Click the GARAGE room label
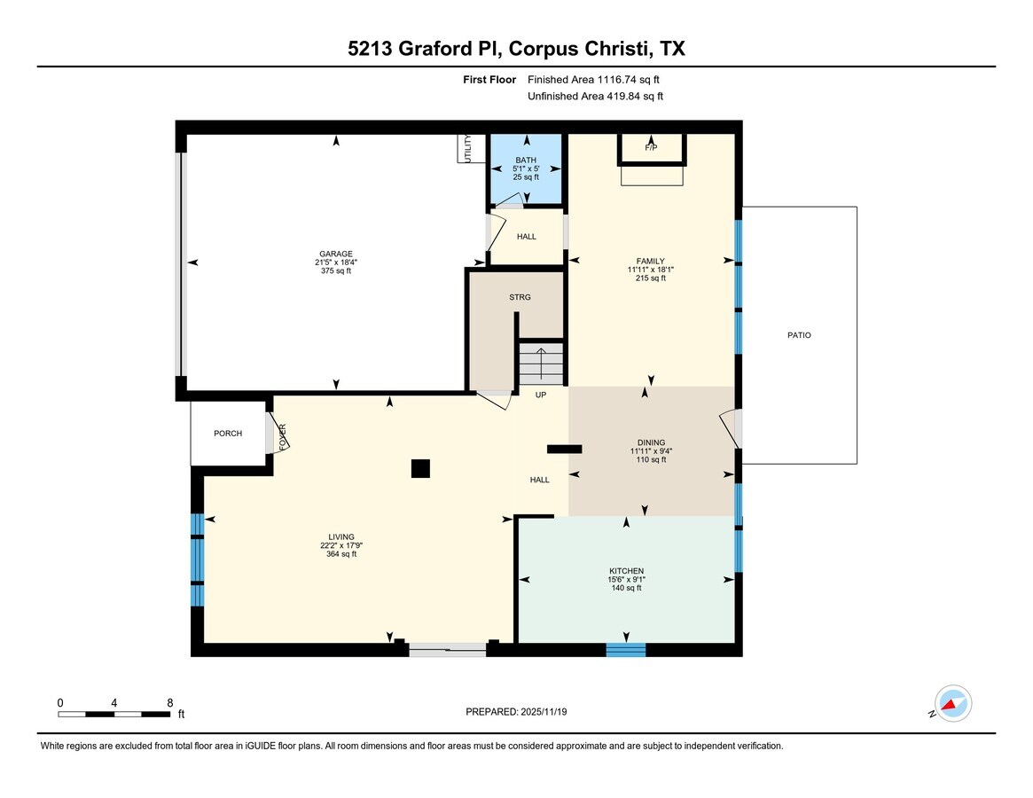[x=336, y=254]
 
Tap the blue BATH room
[x=526, y=169]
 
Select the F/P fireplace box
[x=651, y=148]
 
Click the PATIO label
[x=798, y=335]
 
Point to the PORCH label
[x=228, y=434]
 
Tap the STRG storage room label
[x=520, y=297]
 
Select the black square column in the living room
[x=420, y=469]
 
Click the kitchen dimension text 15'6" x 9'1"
[x=626, y=580]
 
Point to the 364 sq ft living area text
[x=340, y=554]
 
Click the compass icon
[x=953, y=705]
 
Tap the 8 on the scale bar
[x=169, y=702]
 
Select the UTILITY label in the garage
[x=464, y=148]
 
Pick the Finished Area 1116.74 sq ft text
[x=595, y=80]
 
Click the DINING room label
[x=651, y=442]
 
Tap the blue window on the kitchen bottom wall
[x=626, y=650]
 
